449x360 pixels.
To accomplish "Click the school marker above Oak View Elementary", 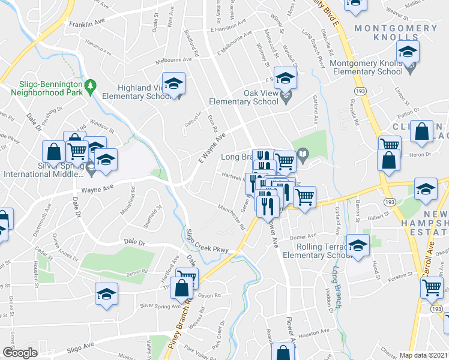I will [x=285, y=77].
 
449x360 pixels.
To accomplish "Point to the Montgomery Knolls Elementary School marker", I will [x=408, y=53].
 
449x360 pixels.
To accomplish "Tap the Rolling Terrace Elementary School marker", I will [x=358, y=246].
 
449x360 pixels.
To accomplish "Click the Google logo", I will [x=20, y=353].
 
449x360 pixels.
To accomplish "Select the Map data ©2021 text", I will [x=424, y=355].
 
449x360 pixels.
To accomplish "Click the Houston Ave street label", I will [x=315, y=332].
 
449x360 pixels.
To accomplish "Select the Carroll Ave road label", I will [x=430, y=255].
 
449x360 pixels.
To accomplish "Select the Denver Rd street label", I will [x=137, y=272].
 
